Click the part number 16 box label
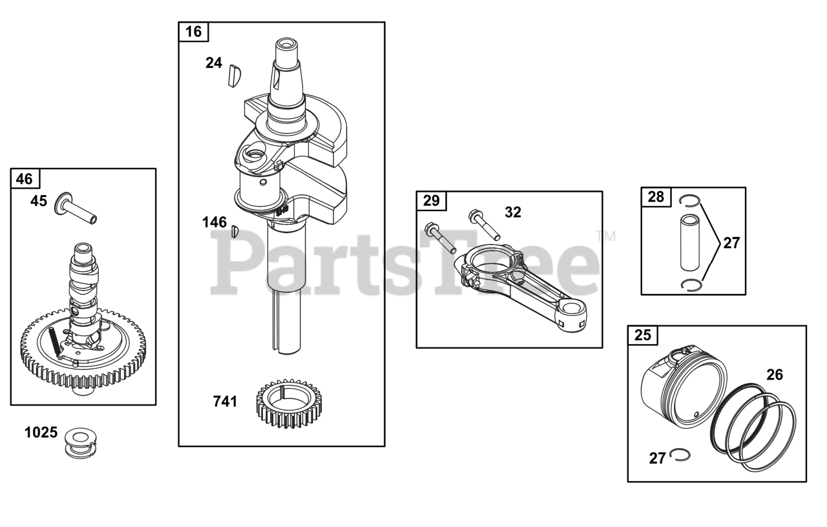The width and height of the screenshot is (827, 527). [x=193, y=32]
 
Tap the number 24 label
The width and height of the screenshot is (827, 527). [x=214, y=63]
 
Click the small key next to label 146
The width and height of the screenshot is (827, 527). [x=235, y=231]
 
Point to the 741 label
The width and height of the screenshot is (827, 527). [x=225, y=402]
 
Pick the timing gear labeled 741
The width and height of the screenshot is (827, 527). [x=289, y=404]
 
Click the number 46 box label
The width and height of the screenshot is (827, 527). [x=25, y=179]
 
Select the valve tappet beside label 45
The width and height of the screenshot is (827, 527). [x=76, y=207]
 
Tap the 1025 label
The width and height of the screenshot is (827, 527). [x=41, y=433]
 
